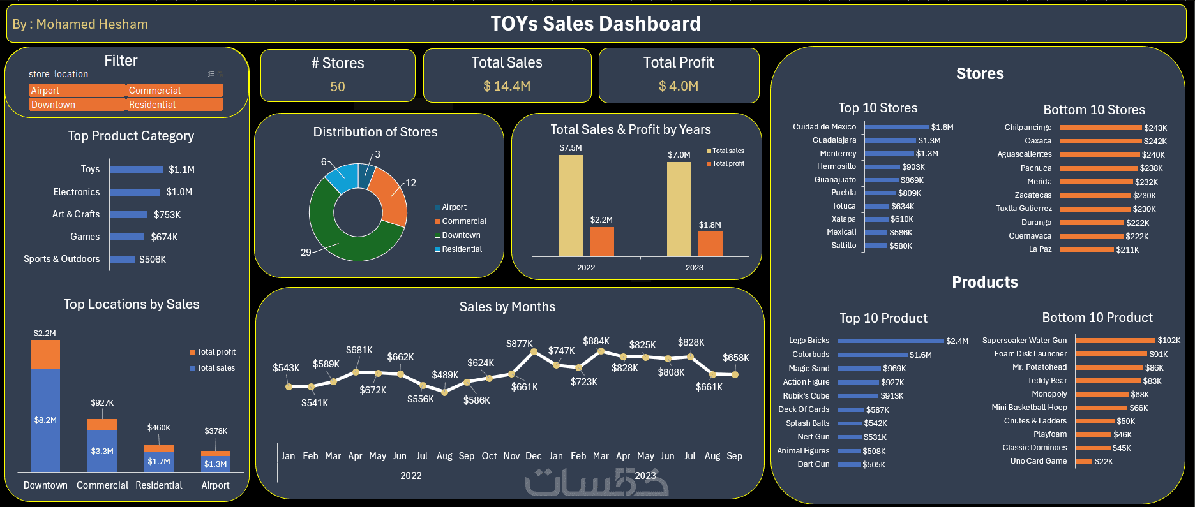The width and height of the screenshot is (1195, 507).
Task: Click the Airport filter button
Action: click(x=77, y=91)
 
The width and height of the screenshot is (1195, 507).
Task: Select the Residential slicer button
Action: click(x=174, y=105)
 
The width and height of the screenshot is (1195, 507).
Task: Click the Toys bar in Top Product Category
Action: click(x=136, y=170)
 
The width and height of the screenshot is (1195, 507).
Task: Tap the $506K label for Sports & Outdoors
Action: click(x=153, y=260)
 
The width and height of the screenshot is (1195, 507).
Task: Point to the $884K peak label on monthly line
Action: click(x=596, y=341)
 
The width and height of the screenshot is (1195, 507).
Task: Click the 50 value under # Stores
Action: click(x=338, y=87)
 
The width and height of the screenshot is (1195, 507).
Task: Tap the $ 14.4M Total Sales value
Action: click(x=507, y=86)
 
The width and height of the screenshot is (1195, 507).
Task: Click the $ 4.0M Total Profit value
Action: click(x=679, y=86)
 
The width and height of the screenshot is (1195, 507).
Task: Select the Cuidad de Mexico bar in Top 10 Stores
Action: click(x=896, y=128)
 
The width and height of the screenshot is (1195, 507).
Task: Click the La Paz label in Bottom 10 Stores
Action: click(x=1040, y=249)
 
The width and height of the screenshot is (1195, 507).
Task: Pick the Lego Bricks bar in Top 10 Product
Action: click(x=891, y=341)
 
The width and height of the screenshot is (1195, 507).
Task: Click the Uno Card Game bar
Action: click(x=1083, y=461)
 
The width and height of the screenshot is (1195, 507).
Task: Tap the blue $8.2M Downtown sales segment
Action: click(x=45, y=420)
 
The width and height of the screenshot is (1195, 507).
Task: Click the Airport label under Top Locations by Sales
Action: click(x=215, y=485)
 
